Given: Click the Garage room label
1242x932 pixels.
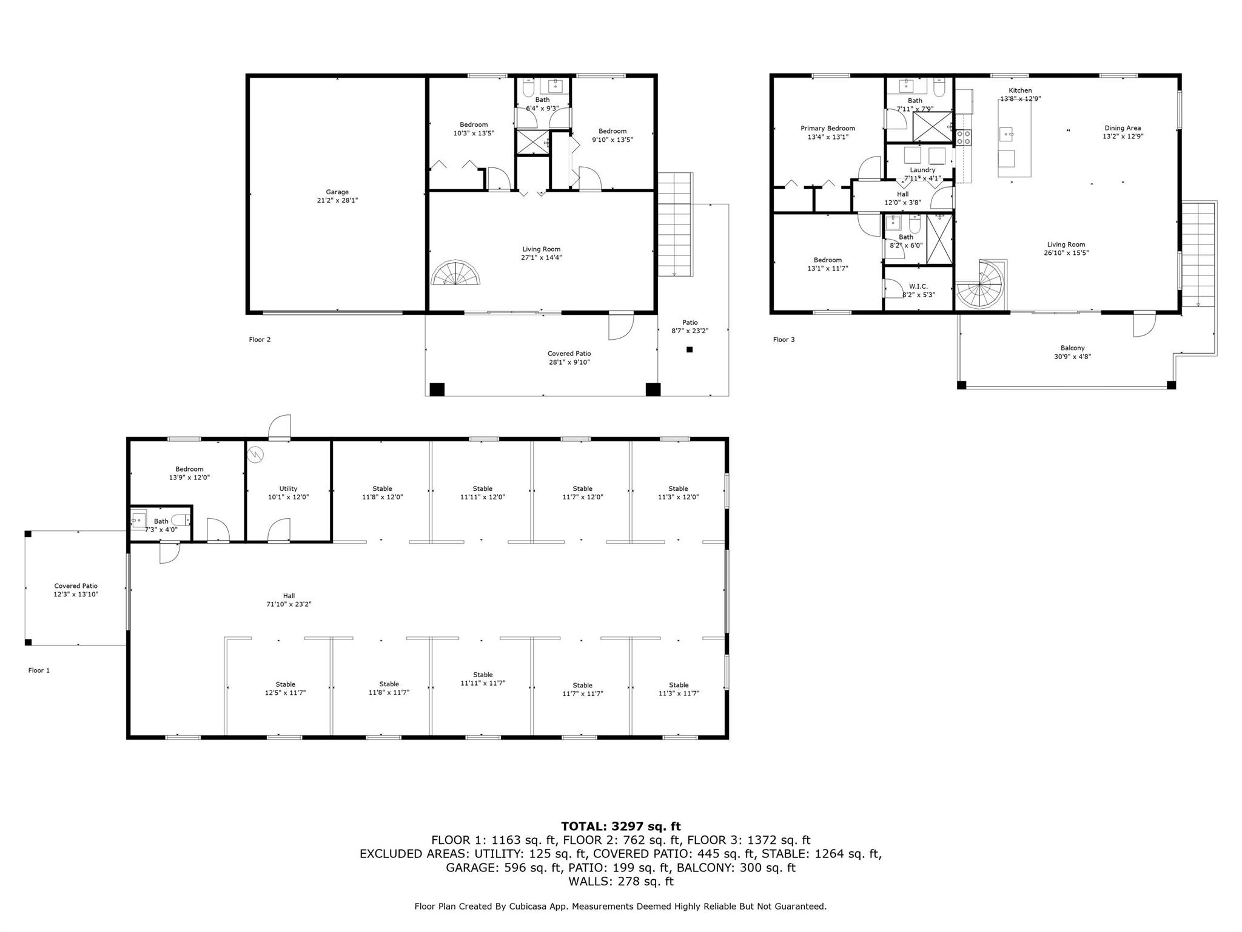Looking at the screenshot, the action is tap(337, 192).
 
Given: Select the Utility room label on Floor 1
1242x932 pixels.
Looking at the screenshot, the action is tap(289, 488).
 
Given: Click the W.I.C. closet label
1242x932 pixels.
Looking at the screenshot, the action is tap(918, 286).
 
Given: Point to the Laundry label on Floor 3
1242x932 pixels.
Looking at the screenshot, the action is tap(922, 170).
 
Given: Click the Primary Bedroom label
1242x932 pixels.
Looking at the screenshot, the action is tap(828, 128).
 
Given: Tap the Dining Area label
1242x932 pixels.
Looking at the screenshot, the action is tap(1123, 128).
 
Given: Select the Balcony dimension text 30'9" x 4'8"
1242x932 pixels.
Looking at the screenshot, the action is tap(1073, 357).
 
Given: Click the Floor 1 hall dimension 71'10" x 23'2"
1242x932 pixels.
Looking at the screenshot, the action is tap(289, 604).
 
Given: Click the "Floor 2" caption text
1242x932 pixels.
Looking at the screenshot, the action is tap(260, 339).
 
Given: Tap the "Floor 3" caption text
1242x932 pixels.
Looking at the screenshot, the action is tap(784, 339).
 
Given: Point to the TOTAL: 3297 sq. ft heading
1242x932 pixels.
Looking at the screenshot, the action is tap(621, 826).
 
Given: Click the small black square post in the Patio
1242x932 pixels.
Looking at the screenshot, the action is tap(690, 349).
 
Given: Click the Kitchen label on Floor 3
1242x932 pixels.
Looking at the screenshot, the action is tap(1020, 90).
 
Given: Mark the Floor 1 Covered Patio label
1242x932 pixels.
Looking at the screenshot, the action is tap(76, 586).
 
